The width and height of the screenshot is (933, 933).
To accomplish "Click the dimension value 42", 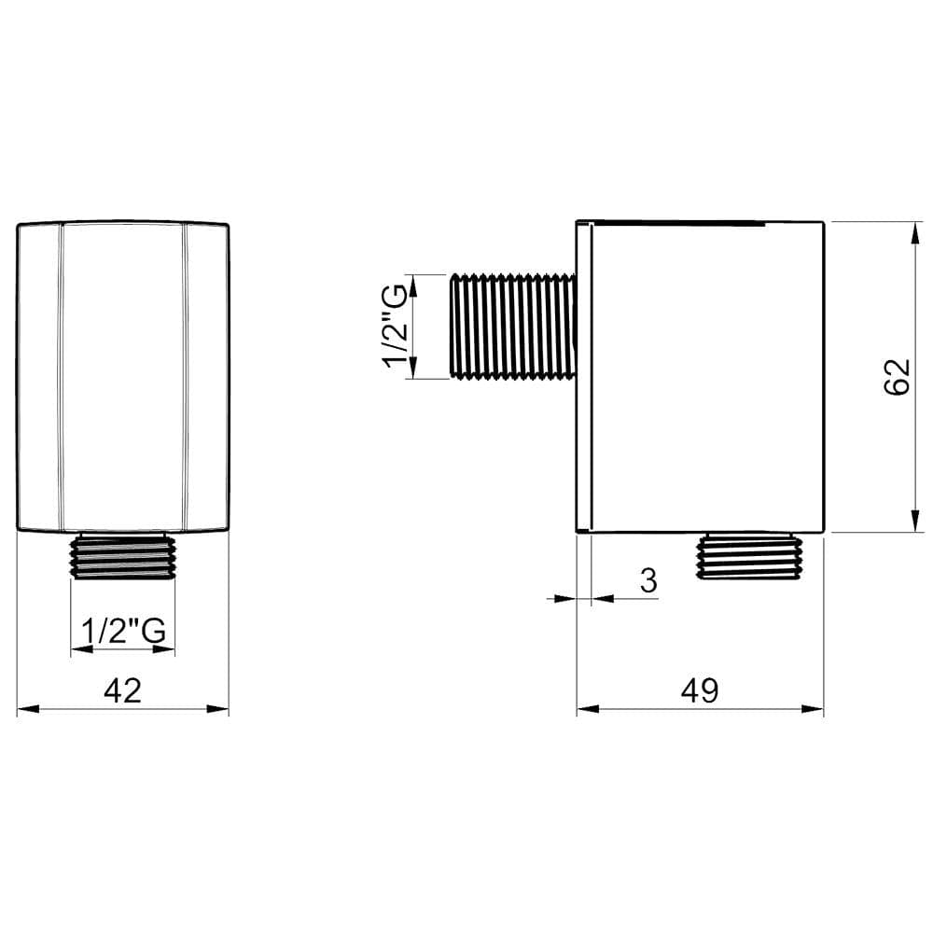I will click(x=122, y=690).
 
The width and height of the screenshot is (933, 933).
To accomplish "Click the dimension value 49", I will click(x=700, y=690).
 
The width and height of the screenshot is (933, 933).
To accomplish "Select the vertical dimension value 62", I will click(x=896, y=376).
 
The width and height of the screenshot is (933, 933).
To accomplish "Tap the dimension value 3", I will click(x=648, y=580).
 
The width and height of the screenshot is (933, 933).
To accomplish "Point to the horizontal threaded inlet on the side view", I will click(x=512, y=326).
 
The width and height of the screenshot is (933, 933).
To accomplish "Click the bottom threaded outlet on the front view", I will click(x=123, y=557).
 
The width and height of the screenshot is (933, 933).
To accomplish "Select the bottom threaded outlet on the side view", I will click(x=749, y=557).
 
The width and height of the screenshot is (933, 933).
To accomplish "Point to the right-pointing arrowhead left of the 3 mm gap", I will click(x=566, y=598).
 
